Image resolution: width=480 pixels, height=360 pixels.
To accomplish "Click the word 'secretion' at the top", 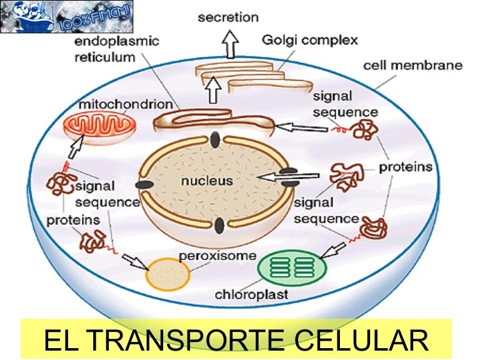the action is click(x=228, y=17).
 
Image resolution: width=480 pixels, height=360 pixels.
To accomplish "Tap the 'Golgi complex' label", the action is click(x=310, y=41).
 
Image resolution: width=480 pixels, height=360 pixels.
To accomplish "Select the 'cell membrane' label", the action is click(x=412, y=66).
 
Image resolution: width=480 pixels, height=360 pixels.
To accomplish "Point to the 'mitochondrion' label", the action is click(x=126, y=104).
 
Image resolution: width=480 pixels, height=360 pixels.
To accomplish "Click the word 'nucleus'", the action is click(x=207, y=181).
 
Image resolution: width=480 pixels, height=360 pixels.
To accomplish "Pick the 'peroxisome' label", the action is click(x=217, y=256).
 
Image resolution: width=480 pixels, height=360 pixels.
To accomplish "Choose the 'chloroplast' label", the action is click(x=251, y=294).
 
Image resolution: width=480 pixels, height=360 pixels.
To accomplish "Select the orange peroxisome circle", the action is click(x=167, y=274).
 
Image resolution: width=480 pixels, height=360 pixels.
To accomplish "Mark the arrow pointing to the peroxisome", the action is click(x=135, y=262).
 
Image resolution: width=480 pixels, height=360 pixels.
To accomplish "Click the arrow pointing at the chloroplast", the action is click(x=332, y=250).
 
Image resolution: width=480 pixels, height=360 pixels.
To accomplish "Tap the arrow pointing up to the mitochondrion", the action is click(x=76, y=147).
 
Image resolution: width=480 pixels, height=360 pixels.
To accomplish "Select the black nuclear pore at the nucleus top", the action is click(x=216, y=139).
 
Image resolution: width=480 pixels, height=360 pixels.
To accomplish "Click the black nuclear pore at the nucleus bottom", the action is click(x=219, y=226).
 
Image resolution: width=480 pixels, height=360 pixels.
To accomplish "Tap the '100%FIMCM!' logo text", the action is click(x=95, y=18).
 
